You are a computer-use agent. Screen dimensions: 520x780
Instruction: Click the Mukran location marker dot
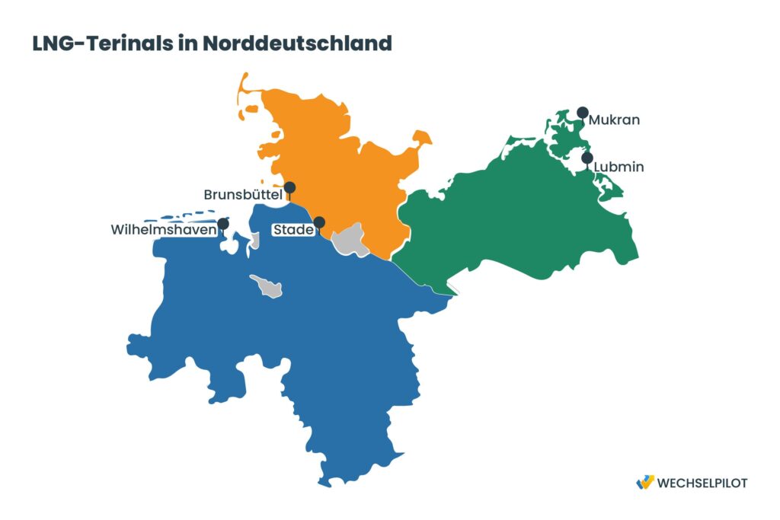click(582, 112)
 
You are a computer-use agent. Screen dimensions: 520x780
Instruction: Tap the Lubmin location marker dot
click(587, 158)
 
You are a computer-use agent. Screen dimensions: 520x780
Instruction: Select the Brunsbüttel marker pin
click(289, 187)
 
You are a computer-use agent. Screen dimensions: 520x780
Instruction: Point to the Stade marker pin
click(319, 222)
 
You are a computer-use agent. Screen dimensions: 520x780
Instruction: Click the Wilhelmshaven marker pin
click(223, 224)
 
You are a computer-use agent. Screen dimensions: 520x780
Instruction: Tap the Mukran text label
click(614, 120)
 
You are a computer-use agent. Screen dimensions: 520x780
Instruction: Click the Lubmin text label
click(619, 167)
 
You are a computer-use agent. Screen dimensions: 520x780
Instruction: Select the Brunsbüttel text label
click(243, 196)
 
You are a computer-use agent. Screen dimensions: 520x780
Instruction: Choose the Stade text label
click(292, 229)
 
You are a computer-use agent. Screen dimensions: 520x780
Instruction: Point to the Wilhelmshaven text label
click(162, 229)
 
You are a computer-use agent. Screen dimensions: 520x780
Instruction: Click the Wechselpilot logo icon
click(644, 482)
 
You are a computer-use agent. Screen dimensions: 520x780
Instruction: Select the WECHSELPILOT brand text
click(702, 483)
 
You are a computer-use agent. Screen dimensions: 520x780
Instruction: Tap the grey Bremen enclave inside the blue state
click(267, 286)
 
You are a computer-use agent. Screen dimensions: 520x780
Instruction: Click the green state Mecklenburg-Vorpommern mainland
click(518, 213)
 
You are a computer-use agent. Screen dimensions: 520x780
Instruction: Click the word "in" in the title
click(188, 43)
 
